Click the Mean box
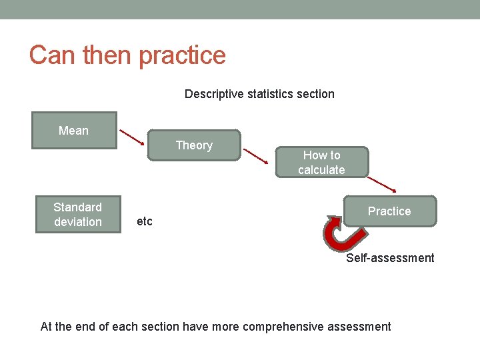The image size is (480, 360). click(74, 130)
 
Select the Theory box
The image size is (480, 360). click(194, 145)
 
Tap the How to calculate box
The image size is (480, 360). click(321, 162)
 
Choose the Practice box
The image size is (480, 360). click(389, 211)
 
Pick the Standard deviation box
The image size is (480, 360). click(78, 214)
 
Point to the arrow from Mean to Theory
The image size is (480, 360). click(132, 136)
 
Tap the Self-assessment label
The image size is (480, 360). click(389, 258)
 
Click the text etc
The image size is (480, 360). click(144, 221)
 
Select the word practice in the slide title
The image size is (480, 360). click(182, 55)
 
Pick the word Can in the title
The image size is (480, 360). click(52, 55)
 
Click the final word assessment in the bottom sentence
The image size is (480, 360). click(361, 327)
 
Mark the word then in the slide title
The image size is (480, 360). click(107, 55)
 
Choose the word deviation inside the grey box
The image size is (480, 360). click(78, 222)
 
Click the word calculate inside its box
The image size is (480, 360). click(321, 170)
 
